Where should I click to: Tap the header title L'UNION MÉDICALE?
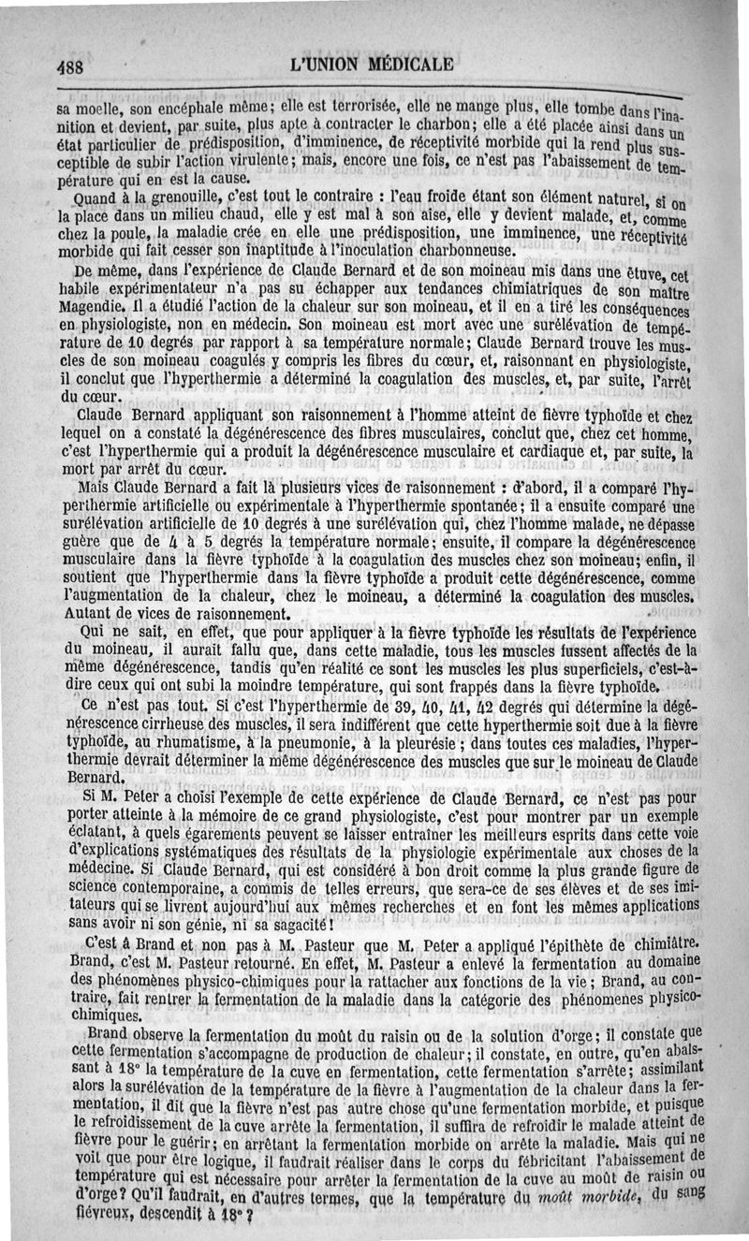coord(373,65)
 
